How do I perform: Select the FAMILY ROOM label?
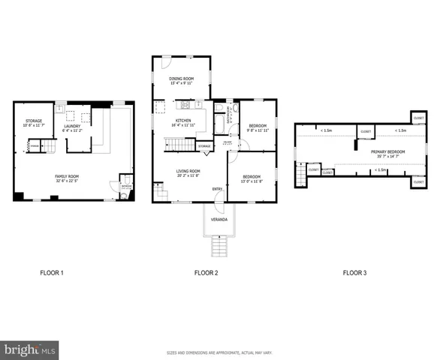point(66,178)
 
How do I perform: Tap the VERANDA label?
point(218,220)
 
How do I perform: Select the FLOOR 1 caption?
point(52,273)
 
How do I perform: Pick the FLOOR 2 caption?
point(206,273)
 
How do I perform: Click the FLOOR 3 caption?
point(354,273)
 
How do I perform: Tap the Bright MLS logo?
point(30,349)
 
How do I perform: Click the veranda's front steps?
point(218,245)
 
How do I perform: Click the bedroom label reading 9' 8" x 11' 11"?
point(258,128)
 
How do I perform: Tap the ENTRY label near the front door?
point(217,188)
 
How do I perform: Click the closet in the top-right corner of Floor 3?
point(418,118)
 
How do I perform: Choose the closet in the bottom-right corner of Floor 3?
point(417,181)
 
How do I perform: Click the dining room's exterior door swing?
point(166,63)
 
